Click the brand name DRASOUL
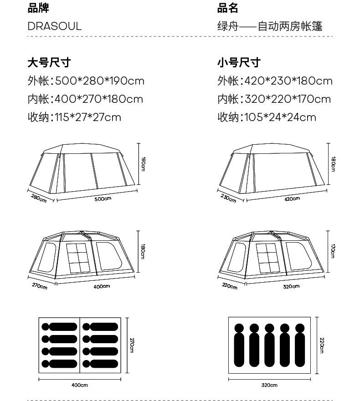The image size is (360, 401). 54,26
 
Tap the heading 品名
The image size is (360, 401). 227,8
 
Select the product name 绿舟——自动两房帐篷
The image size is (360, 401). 270,26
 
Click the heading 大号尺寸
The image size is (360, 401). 49,62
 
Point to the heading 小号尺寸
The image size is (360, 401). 238,62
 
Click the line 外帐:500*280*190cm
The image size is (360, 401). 86,81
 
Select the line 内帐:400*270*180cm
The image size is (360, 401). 85,99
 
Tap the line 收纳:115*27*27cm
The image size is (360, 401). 74,117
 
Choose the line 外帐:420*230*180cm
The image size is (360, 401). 275,81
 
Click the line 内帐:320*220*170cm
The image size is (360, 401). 274,99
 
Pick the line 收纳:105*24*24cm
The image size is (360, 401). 267,117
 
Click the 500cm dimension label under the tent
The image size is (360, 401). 103,198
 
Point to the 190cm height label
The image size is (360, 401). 143,164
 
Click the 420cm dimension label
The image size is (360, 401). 292,198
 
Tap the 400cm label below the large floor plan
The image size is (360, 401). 80,385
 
